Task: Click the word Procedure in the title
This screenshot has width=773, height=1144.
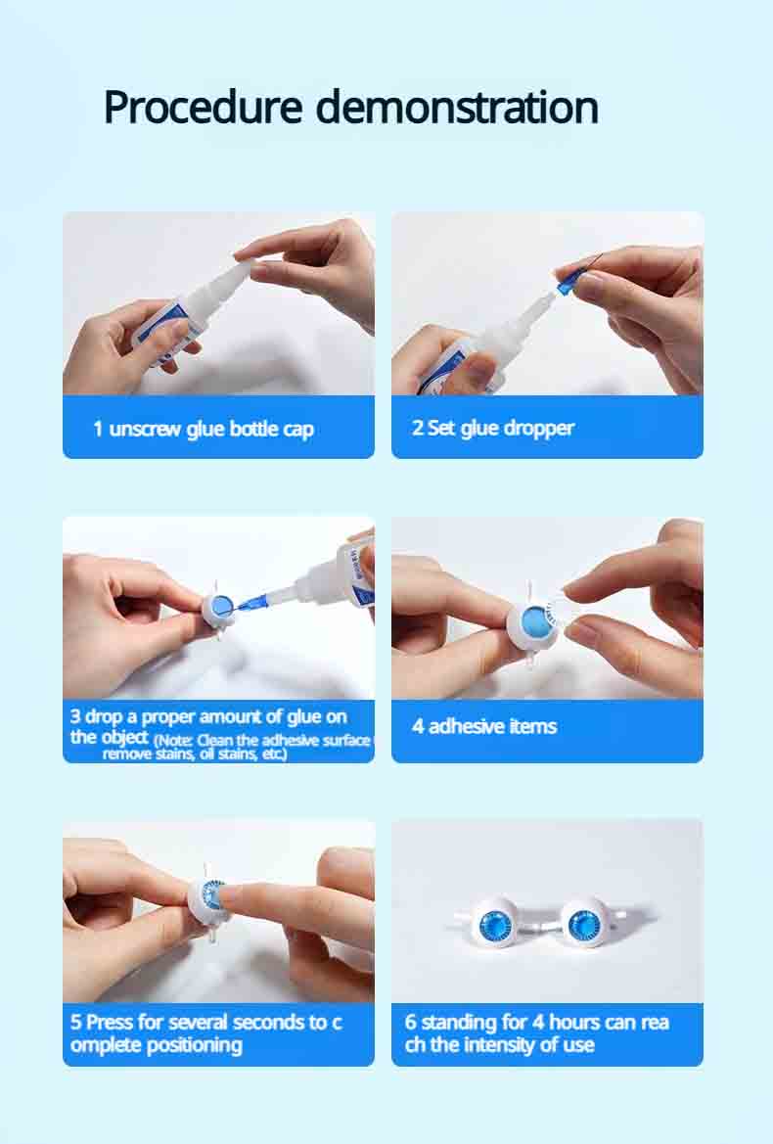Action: pyautogui.click(x=203, y=108)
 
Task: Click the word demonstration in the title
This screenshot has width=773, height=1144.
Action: pyautogui.click(x=457, y=108)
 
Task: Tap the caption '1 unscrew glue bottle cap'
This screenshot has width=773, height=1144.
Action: pyautogui.click(x=204, y=429)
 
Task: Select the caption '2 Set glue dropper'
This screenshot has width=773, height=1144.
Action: pyautogui.click(x=493, y=428)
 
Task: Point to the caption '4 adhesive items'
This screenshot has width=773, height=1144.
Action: pyautogui.click(x=484, y=726)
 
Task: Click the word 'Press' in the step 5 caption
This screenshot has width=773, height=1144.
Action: pyautogui.click(x=110, y=1022)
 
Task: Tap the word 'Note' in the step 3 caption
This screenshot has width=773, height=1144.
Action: pyautogui.click(x=175, y=740)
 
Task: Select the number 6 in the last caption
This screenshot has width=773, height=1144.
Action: pyautogui.click(x=411, y=1022)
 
